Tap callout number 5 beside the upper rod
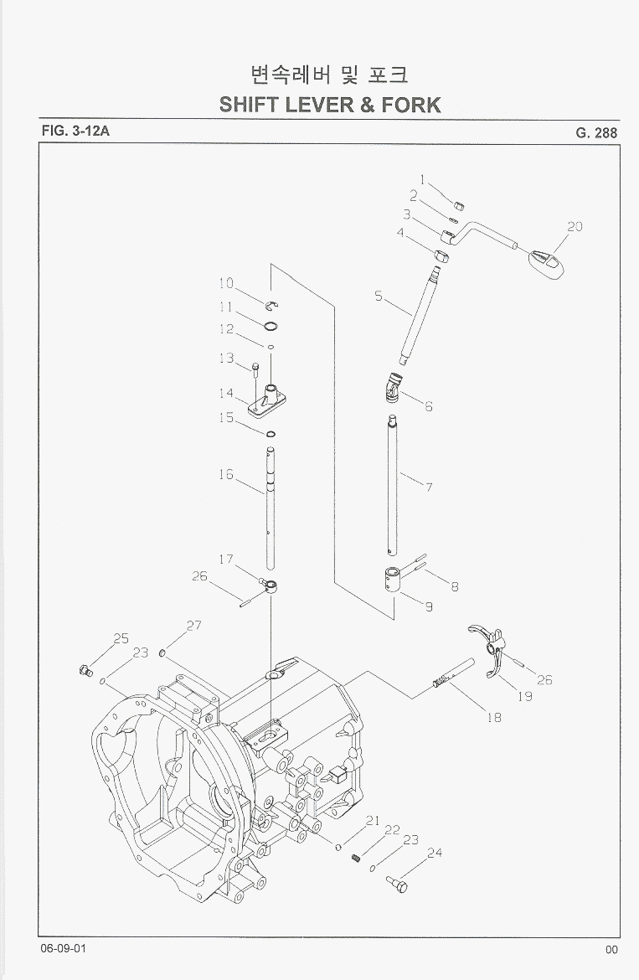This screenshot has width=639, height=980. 379,296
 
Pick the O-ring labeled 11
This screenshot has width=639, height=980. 271,326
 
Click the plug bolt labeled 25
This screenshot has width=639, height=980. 83,668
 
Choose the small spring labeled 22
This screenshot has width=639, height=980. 356,858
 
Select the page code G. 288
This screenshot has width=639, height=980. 596,132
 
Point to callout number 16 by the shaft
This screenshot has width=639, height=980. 225,475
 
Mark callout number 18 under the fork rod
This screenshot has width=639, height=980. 494,717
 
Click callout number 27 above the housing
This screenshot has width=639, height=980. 194,626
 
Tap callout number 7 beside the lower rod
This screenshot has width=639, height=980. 429,486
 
